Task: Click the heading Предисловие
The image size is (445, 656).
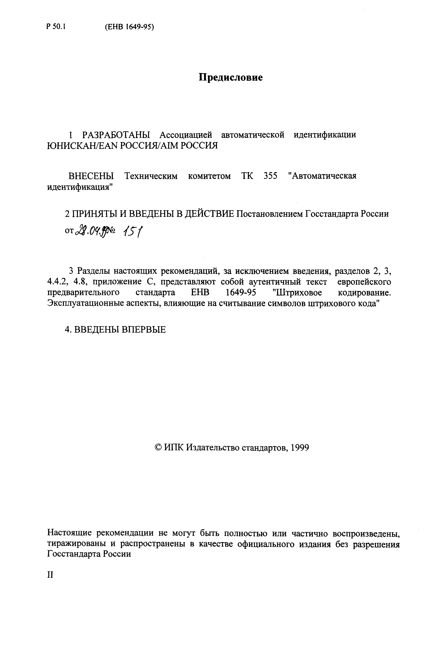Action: tap(230, 77)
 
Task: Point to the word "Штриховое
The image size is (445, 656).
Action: tap(298, 293)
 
